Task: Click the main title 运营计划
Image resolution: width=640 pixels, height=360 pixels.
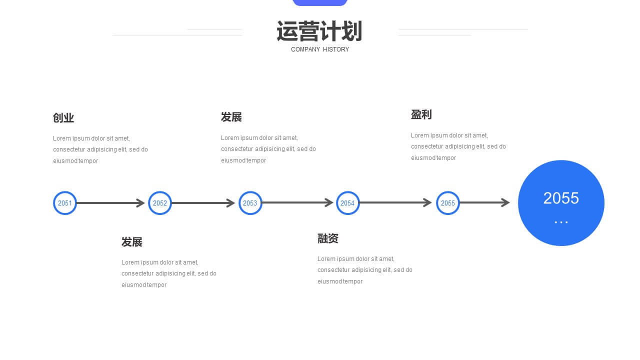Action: click(x=319, y=31)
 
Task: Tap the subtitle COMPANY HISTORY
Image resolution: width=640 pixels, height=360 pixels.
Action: click(x=320, y=49)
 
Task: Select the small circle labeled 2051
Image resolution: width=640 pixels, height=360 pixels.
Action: click(x=65, y=203)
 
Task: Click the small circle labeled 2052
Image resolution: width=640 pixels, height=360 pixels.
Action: click(x=159, y=203)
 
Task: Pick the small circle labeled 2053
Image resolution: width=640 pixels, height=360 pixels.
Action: click(x=250, y=203)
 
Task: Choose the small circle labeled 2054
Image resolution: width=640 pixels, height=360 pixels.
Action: click(x=347, y=203)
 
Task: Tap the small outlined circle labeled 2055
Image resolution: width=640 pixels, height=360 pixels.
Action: click(x=447, y=203)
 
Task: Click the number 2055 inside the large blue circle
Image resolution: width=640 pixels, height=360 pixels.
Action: click(x=561, y=198)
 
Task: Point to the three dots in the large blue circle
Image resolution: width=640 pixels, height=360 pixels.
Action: click(x=561, y=222)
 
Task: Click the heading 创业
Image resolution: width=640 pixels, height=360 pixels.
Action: click(x=63, y=117)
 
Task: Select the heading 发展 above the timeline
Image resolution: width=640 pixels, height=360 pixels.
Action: click(x=231, y=117)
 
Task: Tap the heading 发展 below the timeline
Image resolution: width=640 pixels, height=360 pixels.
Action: click(x=131, y=241)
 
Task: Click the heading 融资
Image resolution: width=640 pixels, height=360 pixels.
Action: click(x=327, y=238)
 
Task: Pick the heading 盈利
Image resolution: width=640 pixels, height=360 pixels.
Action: click(x=421, y=114)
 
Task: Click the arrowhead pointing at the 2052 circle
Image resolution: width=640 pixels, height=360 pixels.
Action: click(x=140, y=203)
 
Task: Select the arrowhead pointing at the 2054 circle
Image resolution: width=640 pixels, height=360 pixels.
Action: click(x=329, y=202)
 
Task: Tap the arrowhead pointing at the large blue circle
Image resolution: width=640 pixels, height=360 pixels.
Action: click(x=505, y=202)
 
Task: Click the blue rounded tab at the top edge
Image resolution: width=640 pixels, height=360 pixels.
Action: click(x=320, y=2)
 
